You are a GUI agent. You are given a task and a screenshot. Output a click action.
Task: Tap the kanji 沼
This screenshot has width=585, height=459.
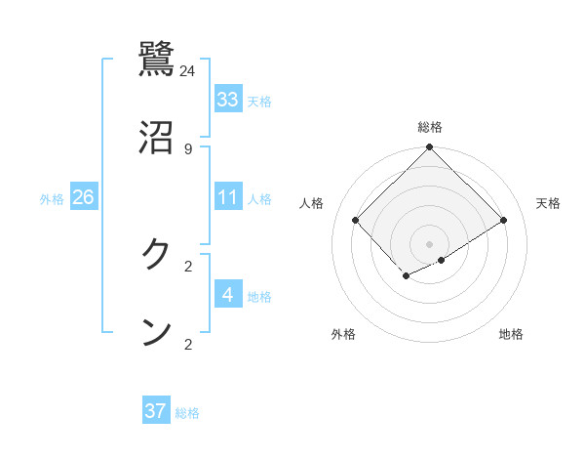coord(157,137)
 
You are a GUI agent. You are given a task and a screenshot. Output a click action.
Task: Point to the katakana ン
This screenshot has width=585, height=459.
coord(157,332)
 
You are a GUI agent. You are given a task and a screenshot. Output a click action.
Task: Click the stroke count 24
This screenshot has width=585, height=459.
coord(188,70)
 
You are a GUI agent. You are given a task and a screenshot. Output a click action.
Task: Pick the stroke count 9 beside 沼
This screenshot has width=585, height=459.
coord(188,148)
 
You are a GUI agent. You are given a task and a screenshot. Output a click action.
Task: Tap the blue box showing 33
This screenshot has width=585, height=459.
coord(228,100)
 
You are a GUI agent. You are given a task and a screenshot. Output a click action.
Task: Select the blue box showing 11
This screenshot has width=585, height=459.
coord(228,197)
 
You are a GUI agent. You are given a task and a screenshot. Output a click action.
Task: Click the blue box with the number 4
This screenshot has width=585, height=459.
coord(228,295)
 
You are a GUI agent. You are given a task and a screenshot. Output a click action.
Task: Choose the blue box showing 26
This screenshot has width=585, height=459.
coord(83,197)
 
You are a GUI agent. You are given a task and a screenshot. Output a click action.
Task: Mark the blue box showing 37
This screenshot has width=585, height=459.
coord(156,411)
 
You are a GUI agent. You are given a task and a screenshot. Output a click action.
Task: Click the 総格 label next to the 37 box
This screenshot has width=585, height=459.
coord(187,413)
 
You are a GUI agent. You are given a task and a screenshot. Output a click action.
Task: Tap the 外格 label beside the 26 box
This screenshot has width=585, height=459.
coord(52,199)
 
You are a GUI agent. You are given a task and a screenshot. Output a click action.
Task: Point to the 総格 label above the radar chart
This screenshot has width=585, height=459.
coord(430,127)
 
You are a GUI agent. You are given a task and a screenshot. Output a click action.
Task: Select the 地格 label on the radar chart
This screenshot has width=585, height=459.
coord(511,334)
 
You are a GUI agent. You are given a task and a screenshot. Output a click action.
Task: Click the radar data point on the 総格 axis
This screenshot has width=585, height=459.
coord(430,148)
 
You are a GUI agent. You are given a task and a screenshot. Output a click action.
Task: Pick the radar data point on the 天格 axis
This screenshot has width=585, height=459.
coord(504,220)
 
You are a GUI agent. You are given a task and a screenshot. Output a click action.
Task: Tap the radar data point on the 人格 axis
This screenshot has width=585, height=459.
coord(356,220)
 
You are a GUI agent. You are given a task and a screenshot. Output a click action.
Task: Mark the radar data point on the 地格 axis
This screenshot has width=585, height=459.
coord(442,260)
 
